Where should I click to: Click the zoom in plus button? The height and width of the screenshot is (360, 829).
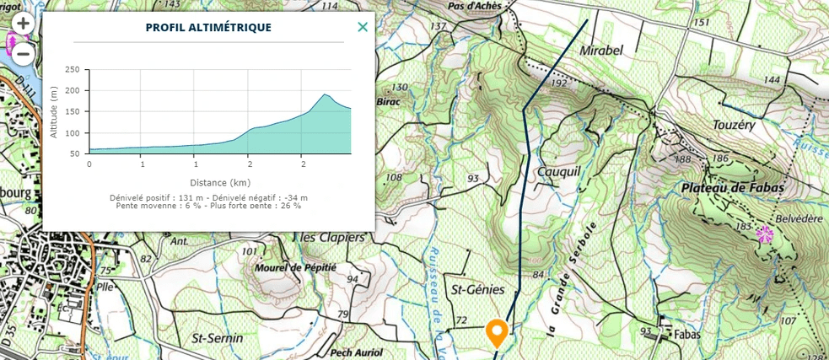[x=22, y=24]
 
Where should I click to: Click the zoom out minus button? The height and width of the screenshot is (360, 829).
[x=22, y=54]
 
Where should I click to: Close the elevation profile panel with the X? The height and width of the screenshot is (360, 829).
[x=363, y=27]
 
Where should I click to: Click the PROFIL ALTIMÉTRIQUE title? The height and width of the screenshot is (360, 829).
[x=208, y=27]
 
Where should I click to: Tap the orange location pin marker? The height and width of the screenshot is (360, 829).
[x=497, y=332]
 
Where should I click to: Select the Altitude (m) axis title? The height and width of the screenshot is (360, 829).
[x=54, y=112]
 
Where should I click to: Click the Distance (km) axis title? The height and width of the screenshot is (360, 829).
[x=219, y=182]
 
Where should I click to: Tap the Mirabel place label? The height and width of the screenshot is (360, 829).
[x=602, y=51]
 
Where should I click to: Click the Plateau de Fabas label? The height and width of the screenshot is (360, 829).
[x=734, y=187]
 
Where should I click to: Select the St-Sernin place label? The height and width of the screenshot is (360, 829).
[x=218, y=338]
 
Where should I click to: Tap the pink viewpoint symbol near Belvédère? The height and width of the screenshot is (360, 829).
[x=765, y=234]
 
